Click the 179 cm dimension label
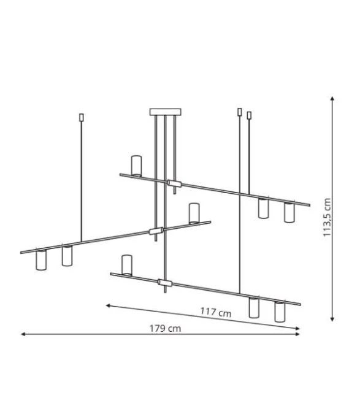(x=165, y=329)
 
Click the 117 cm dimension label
(x=216, y=312)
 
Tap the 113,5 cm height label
(x=327, y=217)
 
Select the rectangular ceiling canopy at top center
(x=165, y=112)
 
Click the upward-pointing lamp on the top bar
(x=136, y=166)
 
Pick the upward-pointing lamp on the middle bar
(x=194, y=213)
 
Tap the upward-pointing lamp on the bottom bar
(x=127, y=265)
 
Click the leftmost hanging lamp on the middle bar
(x=41, y=260)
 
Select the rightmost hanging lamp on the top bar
(x=289, y=212)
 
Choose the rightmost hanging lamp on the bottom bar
(x=280, y=312)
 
